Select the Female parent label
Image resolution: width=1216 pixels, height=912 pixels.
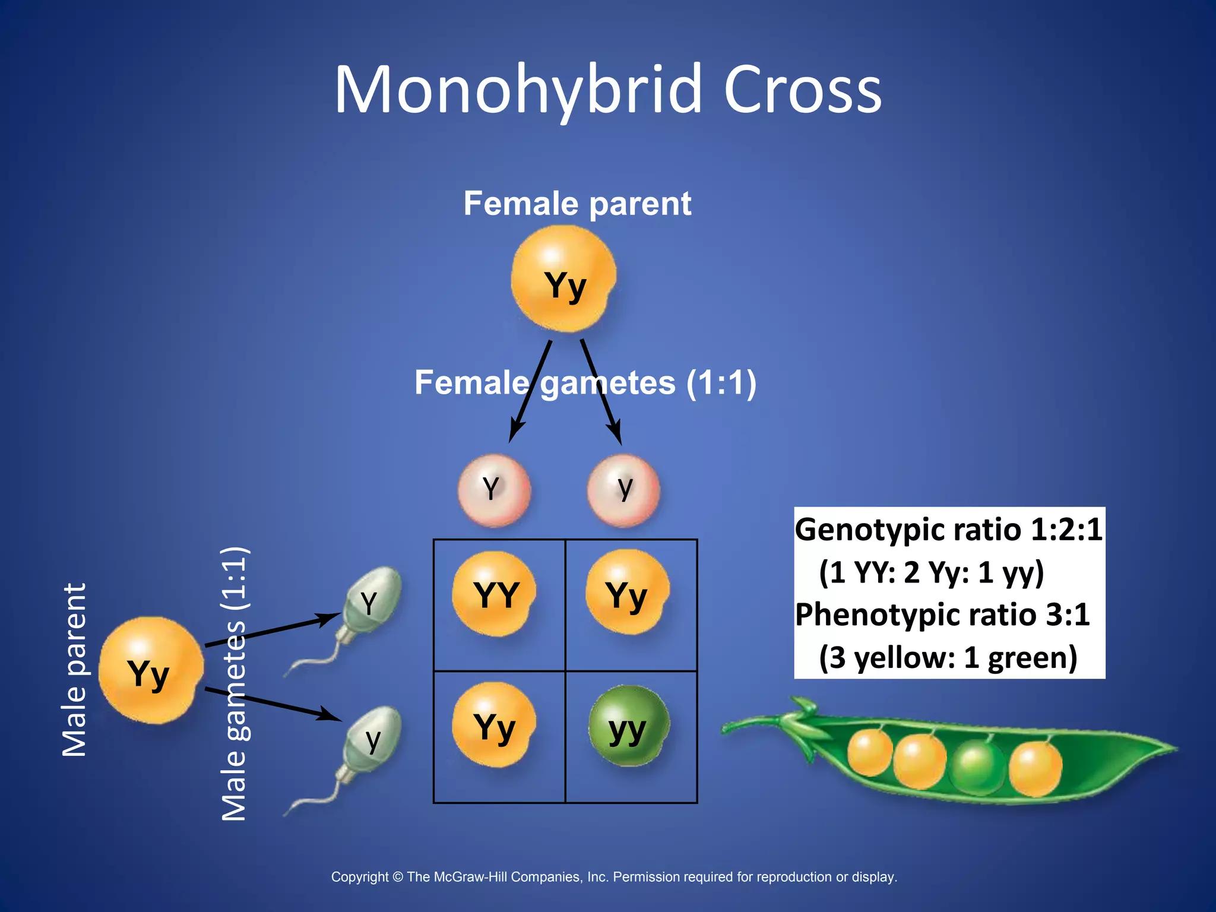point(577,204)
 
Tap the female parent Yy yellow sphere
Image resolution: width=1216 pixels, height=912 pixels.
point(563,278)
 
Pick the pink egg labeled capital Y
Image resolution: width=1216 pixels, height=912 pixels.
point(493,490)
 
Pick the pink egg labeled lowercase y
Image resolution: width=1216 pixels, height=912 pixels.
point(623,490)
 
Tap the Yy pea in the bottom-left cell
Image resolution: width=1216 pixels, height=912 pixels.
point(494,726)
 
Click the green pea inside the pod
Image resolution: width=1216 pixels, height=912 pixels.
point(976,766)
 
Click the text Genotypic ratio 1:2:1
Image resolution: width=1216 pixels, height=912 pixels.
point(948,530)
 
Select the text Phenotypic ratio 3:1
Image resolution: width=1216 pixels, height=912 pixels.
point(942,615)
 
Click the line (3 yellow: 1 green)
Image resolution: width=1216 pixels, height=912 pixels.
point(948,658)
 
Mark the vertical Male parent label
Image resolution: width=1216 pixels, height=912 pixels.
point(75,670)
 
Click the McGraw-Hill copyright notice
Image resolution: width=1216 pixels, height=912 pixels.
point(614,877)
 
